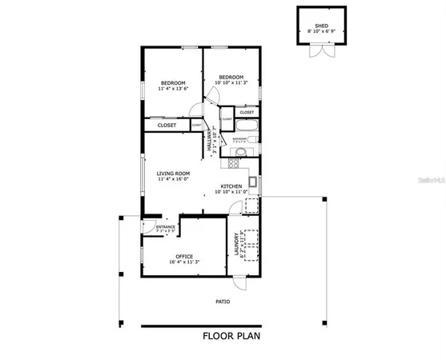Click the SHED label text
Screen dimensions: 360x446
click(x=321, y=26)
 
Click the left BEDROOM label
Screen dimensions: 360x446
click(x=173, y=83)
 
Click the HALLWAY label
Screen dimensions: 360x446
click(x=211, y=142)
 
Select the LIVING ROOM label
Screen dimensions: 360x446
click(x=172, y=173)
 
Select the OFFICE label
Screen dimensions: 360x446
click(x=184, y=256)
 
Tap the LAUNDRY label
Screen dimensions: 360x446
click(x=236, y=243)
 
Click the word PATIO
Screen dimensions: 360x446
click(x=222, y=302)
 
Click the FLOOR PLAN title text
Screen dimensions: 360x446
click(x=231, y=336)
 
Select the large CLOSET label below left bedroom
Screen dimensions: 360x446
click(x=167, y=126)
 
